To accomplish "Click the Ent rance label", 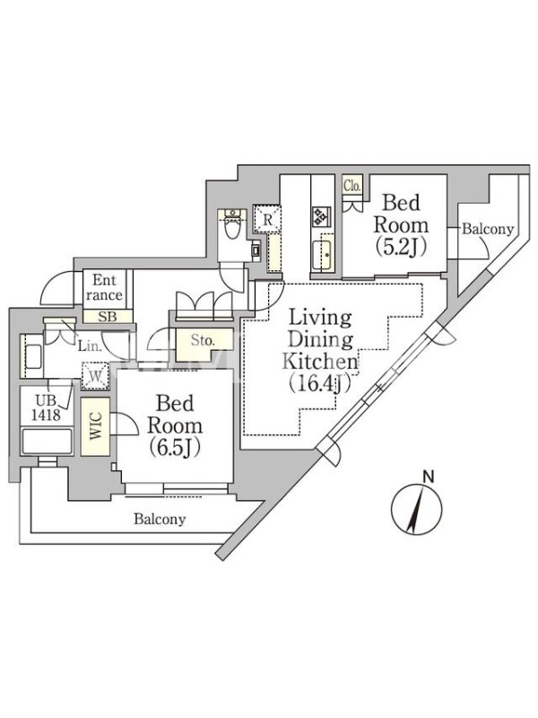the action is point(104,287).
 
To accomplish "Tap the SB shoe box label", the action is point(108,316).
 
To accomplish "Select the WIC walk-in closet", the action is point(96,426).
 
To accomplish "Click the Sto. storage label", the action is point(203,340).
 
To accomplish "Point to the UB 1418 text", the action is point(47,408).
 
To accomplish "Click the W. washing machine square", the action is point(95,376).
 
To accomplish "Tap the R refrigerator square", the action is point(267,219).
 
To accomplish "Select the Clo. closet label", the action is point(352,186).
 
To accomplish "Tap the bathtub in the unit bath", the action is point(48,441).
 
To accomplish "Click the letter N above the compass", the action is point(429,477).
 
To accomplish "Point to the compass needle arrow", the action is point(416,509).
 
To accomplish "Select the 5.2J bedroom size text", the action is point(401,248).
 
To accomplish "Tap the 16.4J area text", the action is point(320,383).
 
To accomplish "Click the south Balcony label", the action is point(160,520).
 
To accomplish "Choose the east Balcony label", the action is point(488,229).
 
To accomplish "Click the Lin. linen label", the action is point(90,346).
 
